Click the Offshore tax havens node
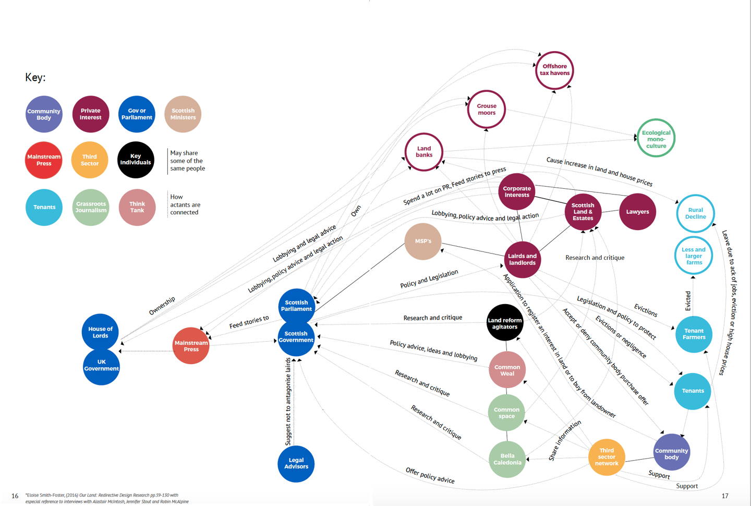(x=554, y=70)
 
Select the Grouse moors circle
(x=487, y=110)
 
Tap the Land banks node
(x=424, y=152)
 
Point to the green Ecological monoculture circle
(x=656, y=138)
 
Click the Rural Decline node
(x=695, y=213)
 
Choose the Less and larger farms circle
(x=694, y=256)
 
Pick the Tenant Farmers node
(x=694, y=334)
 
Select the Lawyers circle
(x=637, y=212)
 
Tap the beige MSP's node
(x=423, y=242)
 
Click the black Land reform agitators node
(x=505, y=323)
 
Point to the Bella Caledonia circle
(x=507, y=459)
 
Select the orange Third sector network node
(x=607, y=457)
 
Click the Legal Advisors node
(x=296, y=463)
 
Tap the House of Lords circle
(x=100, y=332)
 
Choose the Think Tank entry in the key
(x=137, y=207)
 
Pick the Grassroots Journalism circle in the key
(x=91, y=207)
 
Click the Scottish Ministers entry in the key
(x=183, y=114)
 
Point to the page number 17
(x=725, y=496)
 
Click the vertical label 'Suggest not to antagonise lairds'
(x=288, y=402)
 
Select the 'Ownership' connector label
(x=162, y=306)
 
